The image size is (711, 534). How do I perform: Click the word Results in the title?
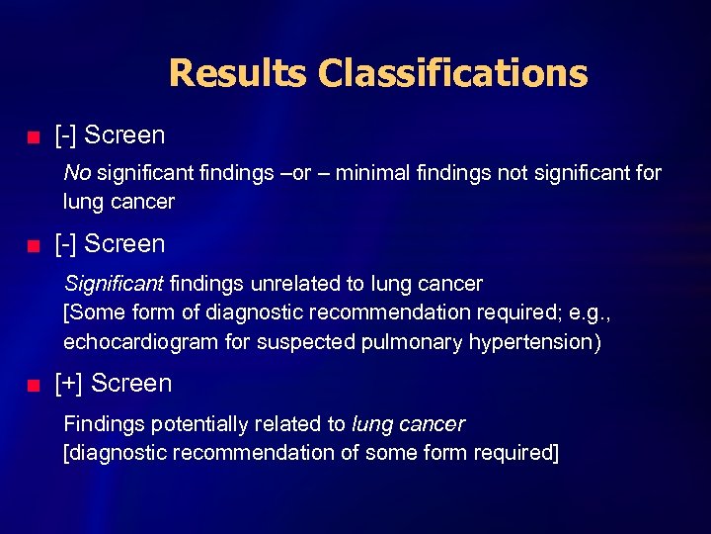coord(238,74)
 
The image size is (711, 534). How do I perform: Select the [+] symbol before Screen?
coord(70,384)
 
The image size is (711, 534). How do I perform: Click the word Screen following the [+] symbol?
coord(131,384)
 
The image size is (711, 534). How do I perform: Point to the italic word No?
coord(77,173)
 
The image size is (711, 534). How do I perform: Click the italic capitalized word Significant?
coord(114,284)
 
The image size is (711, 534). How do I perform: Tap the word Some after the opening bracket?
coord(95,313)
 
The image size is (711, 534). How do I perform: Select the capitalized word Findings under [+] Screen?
coord(99,424)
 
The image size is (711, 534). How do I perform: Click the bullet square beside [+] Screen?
coord(34,385)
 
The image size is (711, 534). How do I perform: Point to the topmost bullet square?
coord(34,135)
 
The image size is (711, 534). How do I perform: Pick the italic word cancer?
coord(432,424)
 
